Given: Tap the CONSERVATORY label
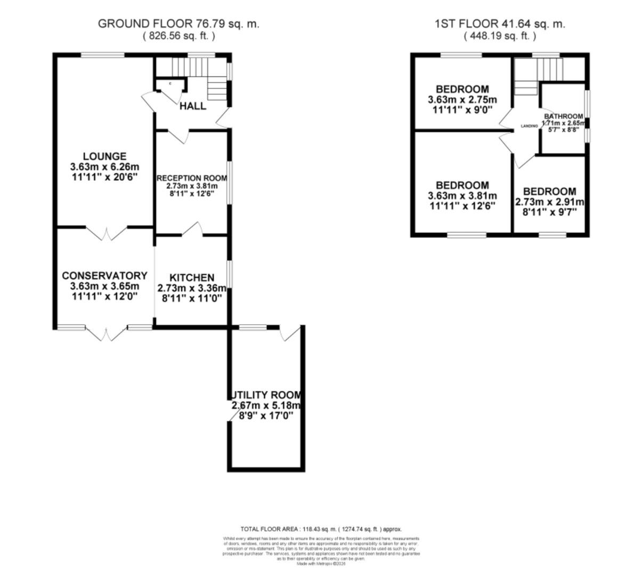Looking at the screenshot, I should pos(104,276).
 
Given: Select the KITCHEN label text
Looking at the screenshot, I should pos(192,278).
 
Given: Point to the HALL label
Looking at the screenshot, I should pos(192,106).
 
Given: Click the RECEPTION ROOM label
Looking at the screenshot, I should pos(187,178).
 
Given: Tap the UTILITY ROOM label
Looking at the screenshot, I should pos(266,395).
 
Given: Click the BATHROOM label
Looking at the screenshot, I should pos(563,117).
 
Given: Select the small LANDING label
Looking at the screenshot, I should pos(529,126).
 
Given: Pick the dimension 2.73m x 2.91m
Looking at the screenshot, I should pos(549,202).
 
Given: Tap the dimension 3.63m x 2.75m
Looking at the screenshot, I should pos(462,100).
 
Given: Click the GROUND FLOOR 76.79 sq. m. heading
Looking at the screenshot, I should pos(178,23).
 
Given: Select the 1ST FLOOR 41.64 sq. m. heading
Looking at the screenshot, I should pos(500,23).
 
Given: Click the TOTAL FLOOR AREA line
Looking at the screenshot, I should pos(321,529).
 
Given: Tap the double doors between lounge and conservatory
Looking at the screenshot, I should pos(106,233).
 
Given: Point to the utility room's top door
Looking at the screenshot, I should pos(290,332).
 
